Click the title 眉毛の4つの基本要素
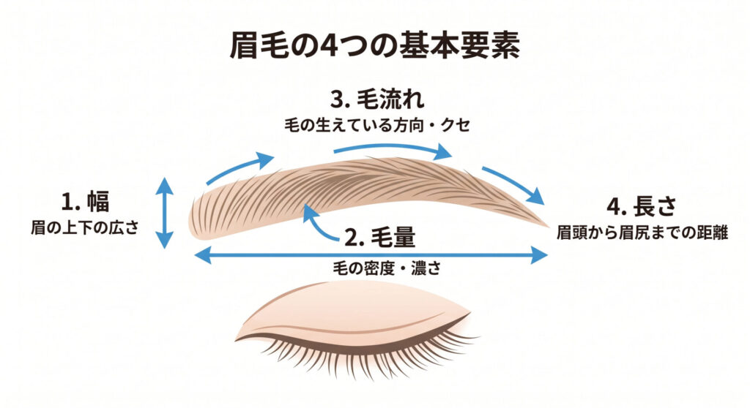pos(374,46)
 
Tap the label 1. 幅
pos(86,202)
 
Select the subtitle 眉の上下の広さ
pos(85,227)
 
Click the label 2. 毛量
pos(380,237)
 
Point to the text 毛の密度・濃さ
pos(387,268)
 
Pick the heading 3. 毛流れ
pos(377,100)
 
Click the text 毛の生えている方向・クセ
pos(377,125)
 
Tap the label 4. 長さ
pos(642,206)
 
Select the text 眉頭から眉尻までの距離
pos(642,233)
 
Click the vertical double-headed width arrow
pos(165,213)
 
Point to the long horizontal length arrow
pos(371,256)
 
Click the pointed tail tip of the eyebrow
pos(548,226)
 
